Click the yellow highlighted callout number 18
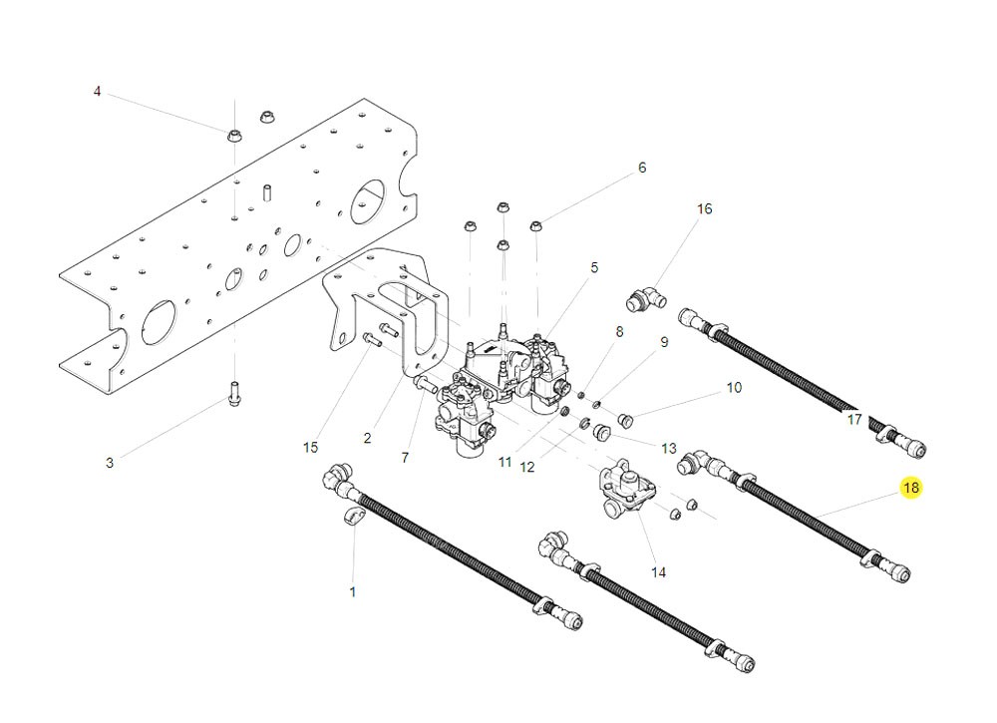tap(910, 488)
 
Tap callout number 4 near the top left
tap(97, 92)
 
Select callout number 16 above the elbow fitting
tap(705, 208)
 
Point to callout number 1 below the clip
tap(352, 591)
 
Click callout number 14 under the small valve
tap(658, 572)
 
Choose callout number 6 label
tap(642, 168)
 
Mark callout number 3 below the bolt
tap(110, 463)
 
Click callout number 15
tap(310, 448)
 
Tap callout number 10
tap(734, 387)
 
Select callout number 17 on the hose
tap(853, 420)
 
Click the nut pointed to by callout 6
tap(535, 225)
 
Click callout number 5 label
tap(594, 267)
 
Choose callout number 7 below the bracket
tap(405, 458)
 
